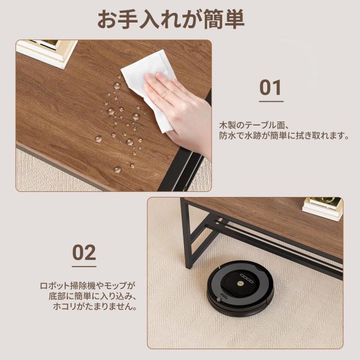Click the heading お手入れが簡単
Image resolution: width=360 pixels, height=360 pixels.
(171, 19)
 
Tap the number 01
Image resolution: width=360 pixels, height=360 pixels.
(271, 88)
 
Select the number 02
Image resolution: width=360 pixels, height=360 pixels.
(84, 253)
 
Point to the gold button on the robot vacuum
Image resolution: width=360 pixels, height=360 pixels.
(241, 283)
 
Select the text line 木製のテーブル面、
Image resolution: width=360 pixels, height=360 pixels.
(254, 125)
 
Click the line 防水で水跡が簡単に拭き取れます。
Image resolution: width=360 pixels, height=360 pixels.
(284, 136)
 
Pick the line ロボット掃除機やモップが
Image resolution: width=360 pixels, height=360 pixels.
(88, 286)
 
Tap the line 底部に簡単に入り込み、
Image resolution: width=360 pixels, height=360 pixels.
(92, 296)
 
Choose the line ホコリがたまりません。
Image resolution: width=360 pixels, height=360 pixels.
(95, 307)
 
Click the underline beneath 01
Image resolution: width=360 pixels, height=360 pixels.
(271, 101)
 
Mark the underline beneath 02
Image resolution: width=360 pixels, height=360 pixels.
(84, 266)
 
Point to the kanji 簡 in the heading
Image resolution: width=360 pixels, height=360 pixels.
(213, 20)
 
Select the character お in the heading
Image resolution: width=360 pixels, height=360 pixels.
(107, 20)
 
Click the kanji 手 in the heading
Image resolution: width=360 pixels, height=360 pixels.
(128, 20)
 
